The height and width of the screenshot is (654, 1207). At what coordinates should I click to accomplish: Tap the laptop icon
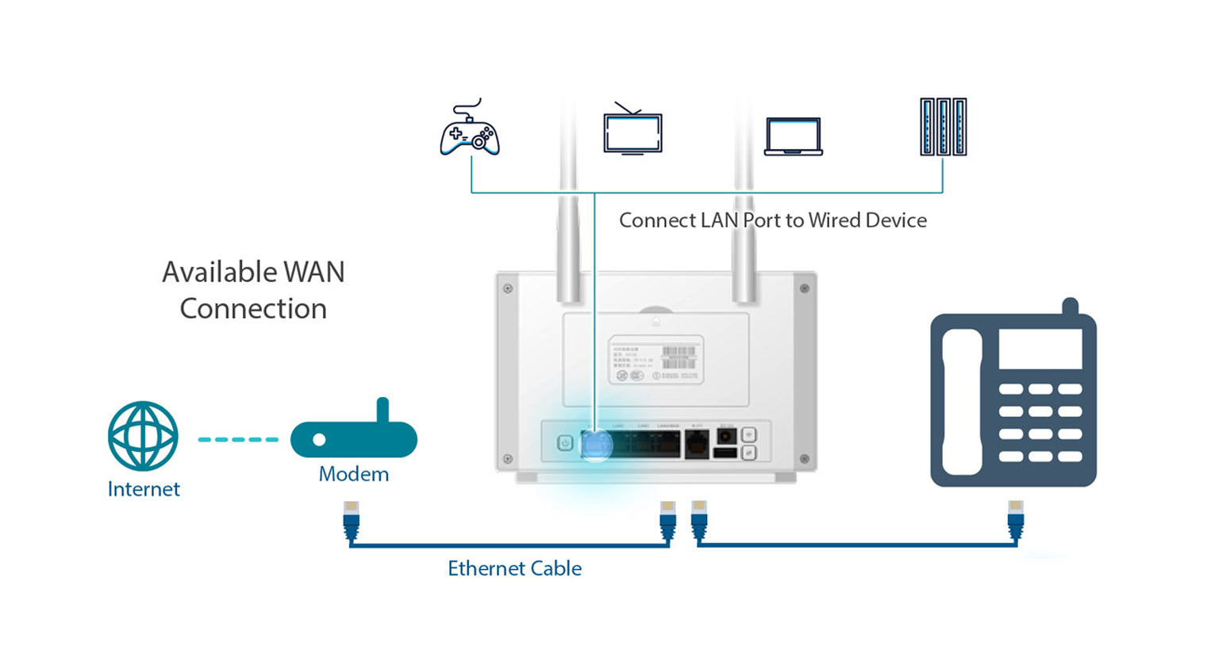793,136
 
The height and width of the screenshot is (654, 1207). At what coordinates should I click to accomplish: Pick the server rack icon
943,127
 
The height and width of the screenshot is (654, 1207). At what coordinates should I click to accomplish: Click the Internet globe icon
143,436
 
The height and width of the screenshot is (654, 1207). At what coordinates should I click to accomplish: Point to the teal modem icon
354,438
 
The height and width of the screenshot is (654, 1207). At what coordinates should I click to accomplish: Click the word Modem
354,474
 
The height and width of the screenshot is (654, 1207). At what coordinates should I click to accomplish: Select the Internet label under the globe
144,489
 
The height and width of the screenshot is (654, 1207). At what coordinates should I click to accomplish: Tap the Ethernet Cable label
514,568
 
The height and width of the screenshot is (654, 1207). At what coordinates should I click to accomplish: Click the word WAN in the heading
314,272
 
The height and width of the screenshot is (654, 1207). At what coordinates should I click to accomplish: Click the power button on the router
565,443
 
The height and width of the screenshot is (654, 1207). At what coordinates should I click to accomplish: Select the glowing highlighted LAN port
594,444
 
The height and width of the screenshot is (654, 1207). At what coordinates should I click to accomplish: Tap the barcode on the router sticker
678,356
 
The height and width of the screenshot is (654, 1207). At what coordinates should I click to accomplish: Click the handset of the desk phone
962,402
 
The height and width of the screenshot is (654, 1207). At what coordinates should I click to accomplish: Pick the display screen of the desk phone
1040,350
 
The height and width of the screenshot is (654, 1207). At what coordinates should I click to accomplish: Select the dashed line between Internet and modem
238,439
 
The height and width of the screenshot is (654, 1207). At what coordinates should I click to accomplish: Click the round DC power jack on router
725,435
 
